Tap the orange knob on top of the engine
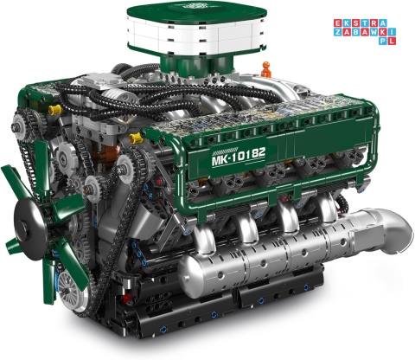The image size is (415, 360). pos(265,69)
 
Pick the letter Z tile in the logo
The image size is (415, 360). pos(338,32)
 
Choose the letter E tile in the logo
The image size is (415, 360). pos(338,23)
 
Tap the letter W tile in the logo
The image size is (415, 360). pos(373,32)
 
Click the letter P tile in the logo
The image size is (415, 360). pos(383,41)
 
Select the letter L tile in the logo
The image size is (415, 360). pos(392,41)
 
